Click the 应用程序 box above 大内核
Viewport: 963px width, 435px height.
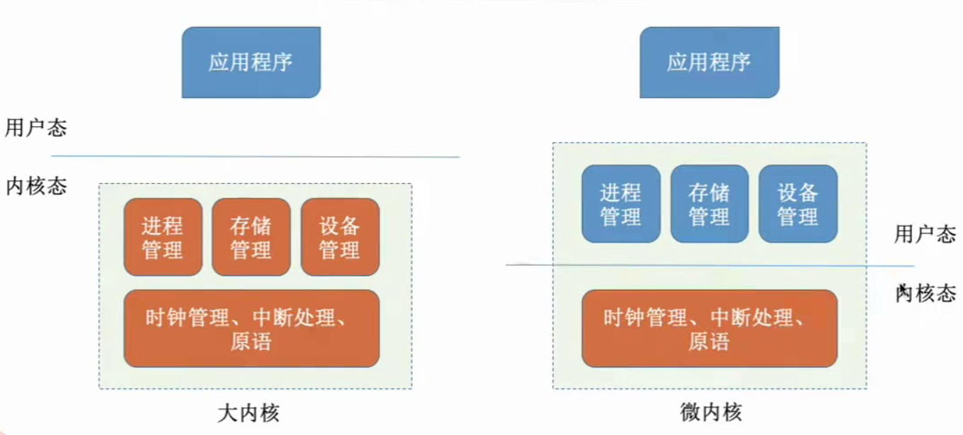pyautogui.click(x=251, y=62)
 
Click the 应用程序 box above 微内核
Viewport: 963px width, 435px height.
pyautogui.click(x=709, y=62)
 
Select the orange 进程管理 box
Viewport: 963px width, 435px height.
pyautogui.click(x=163, y=237)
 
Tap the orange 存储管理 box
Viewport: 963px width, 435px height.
pyautogui.click(x=251, y=237)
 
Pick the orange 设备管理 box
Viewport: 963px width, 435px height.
pyautogui.click(x=340, y=237)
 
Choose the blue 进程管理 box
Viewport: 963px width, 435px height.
pyautogui.click(x=621, y=204)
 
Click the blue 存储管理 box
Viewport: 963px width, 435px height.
pyautogui.click(x=709, y=204)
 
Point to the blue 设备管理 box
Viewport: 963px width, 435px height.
pyautogui.click(x=798, y=204)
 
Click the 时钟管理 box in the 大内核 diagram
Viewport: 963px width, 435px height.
pyautogui.click(x=251, y=328)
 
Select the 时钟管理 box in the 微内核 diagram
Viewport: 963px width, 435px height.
pyautogui.click(x=709, y=328)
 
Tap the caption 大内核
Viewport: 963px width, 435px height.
pyautogui.click(x=248, y=412)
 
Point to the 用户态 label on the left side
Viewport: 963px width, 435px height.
pyautogui.click(x=36, y=128)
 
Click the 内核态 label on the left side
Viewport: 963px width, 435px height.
pyautogui.click(x=36, y=186)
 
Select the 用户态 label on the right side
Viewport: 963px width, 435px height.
pyautogui.click(x=925, y=235)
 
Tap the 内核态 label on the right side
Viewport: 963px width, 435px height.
pyautogui.click(x=926, y=293)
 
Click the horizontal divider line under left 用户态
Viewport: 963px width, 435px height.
pyautogui.click(x=255, y=156)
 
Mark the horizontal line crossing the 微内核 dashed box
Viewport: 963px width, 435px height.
pyautogui.click(x=710, y=265)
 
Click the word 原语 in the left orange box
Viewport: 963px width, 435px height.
pyautogui.click(x=251, y=342)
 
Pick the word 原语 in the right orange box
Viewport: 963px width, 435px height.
pyautogui.click(x=708, y=342)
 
